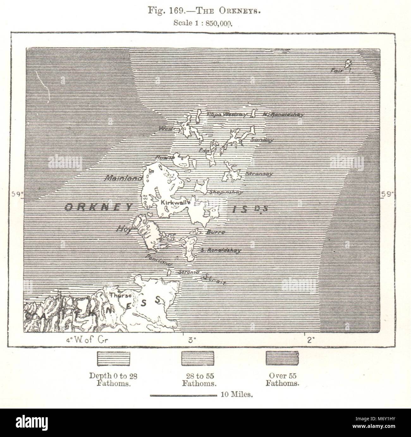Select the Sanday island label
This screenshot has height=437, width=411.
click(x=262, y=140)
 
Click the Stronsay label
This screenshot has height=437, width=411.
click(x=259, y=174)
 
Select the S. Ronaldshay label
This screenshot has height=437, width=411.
click(x=221, y=250)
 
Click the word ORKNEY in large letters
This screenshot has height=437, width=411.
click(x=99, y=207)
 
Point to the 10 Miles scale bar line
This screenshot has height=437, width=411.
click(x=182, y=395)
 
